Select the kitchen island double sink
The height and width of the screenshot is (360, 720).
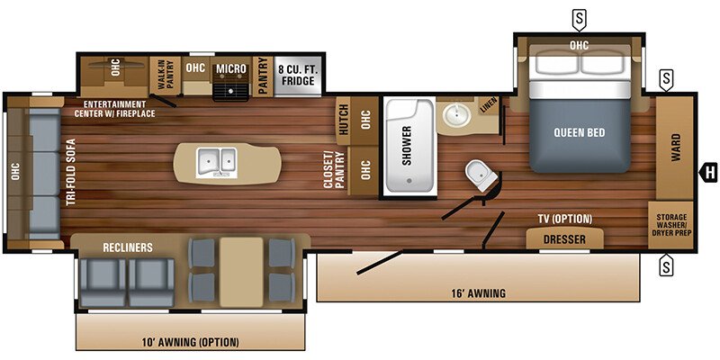(x=217, y=162)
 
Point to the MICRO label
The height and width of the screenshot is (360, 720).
(x=231, y=68)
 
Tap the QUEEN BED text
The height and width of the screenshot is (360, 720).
(x=580, y=133)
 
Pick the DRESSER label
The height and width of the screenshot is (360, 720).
(x=564, y=239)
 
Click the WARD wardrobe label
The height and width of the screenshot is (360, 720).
(x=675, y=148)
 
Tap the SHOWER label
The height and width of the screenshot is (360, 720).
(x=407, y=145)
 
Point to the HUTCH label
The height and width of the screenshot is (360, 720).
(x=344, y=119)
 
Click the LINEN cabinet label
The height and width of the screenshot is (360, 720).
(x=486, y=105)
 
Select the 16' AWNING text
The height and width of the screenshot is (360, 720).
(x=477, y=293)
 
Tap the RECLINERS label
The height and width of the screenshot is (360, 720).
(x=128, y=246)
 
